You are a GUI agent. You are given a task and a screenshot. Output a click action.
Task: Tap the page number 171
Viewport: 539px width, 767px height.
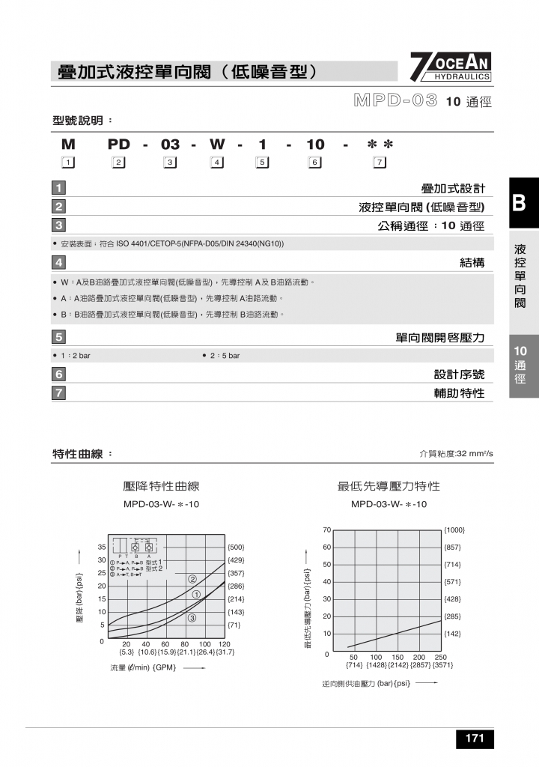click(x=475, y=739)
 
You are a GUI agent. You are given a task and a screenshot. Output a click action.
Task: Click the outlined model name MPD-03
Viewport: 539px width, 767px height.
click(x=395, y=101)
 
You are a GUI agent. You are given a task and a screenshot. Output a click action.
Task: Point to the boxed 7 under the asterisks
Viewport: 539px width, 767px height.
click(x=380, y=163)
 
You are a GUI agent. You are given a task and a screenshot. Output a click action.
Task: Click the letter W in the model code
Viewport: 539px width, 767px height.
click(x=217, y=145)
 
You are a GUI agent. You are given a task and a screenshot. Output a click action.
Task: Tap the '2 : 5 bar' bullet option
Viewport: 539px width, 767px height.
click(x=222, y=356)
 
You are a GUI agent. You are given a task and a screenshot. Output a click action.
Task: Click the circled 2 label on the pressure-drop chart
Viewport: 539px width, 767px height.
click(x=192, y=579)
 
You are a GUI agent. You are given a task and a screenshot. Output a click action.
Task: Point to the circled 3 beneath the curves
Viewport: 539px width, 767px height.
click(x=192, y=618)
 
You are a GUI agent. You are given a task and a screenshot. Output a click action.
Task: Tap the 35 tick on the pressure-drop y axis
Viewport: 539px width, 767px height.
click(x=101, y=547)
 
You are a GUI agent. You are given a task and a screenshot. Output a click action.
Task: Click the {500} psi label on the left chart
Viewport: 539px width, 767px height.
click(x=236, y=547)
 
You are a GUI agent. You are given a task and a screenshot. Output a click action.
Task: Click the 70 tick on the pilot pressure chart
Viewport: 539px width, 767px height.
click(x=326, y=530)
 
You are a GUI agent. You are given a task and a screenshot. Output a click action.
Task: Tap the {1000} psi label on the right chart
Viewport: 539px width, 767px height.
click(x=454, y=530)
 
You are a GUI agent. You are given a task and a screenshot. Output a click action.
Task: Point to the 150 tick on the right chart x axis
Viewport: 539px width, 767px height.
click(x=397, y=657)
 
